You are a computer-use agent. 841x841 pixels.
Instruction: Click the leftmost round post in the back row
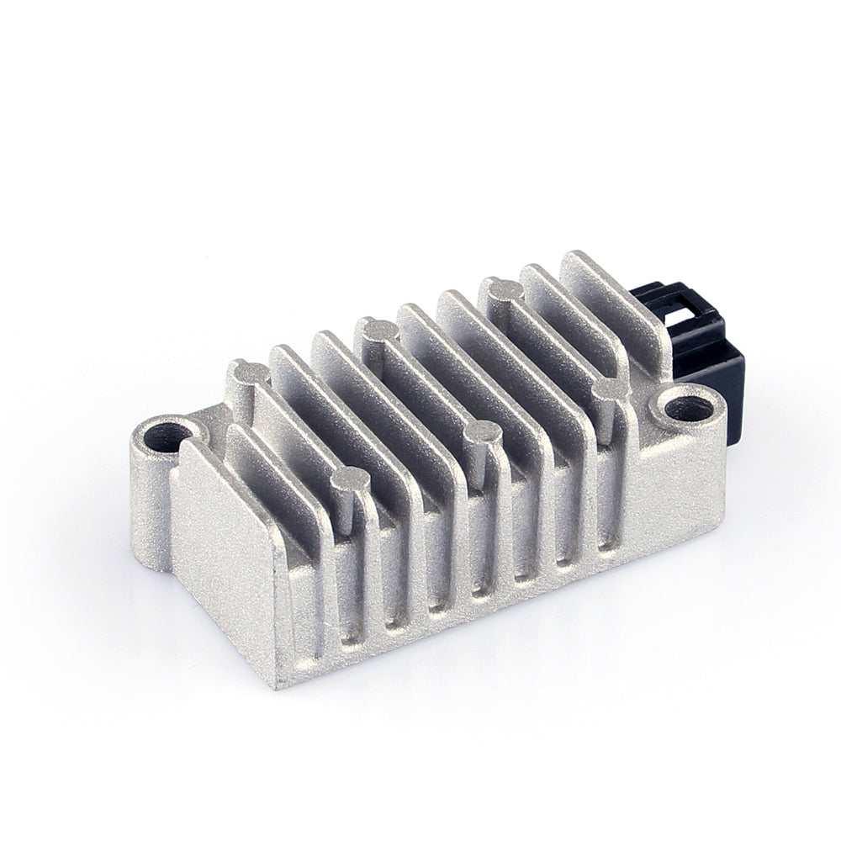click(250, 371)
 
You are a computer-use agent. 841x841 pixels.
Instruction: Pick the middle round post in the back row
click(376, 328)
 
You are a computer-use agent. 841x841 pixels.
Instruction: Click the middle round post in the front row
click(483, 433)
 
